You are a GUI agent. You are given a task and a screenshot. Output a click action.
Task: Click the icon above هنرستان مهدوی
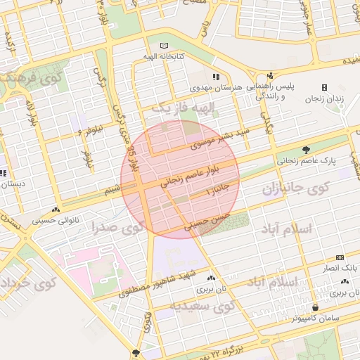(x=215, y=76)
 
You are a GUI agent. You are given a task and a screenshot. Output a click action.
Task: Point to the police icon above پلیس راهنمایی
(x=269, y=76)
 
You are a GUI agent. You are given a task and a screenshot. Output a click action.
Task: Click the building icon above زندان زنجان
(x=324, y=87)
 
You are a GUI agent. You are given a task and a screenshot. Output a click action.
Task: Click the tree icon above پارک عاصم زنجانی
(x=306, y=149)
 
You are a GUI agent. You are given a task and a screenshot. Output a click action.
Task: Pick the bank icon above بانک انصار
(x=340, y=257)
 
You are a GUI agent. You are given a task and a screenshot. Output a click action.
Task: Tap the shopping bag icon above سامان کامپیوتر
(x=316, y=308)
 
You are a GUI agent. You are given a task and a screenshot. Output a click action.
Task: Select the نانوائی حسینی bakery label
(x=56, y=220)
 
